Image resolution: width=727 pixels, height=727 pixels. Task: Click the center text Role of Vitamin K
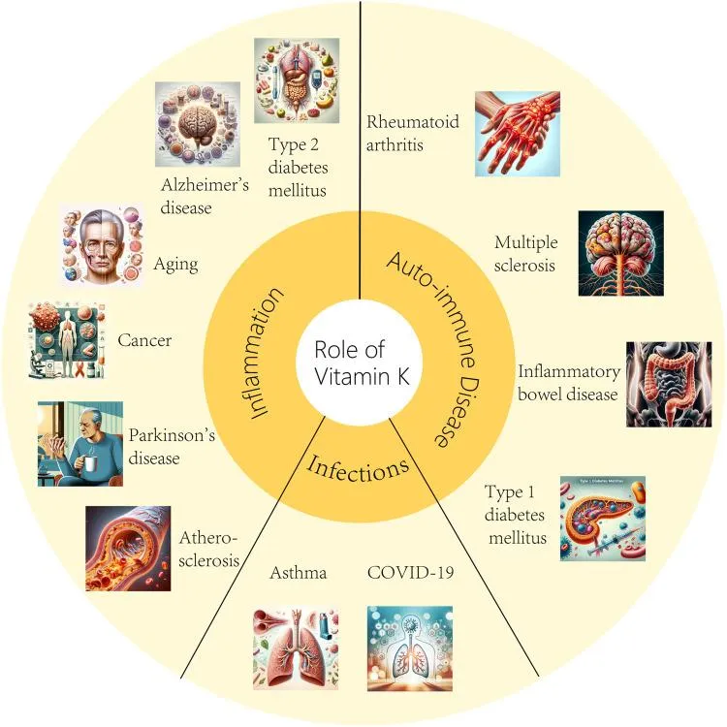pos(362,363)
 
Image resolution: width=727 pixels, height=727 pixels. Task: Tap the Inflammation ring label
pos(261,353)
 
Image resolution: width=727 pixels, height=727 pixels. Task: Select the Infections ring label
pos(359,469)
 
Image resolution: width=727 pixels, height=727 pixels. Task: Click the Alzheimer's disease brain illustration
pos(198,124)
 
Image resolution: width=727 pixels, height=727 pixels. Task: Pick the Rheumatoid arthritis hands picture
pos(518,134)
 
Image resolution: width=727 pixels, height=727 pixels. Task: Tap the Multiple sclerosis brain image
pos(620,253)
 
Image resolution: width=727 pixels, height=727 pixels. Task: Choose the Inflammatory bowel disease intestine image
pos(669,385)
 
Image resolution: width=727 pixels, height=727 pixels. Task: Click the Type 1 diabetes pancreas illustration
pos(603,519)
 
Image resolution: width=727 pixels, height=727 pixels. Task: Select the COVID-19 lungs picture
pos(410,648)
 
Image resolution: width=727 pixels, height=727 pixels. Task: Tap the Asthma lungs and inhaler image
pos(296,648)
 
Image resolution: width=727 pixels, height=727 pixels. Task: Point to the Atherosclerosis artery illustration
pos(128,549)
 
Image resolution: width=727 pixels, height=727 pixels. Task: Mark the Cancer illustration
pos(66,340)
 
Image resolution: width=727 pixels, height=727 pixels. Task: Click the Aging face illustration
pos(102,246)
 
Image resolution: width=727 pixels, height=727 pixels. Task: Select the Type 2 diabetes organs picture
pos(297,80)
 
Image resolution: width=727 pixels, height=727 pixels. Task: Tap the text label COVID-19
pos(410,573)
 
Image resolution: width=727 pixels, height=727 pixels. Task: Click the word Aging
pos(175,265)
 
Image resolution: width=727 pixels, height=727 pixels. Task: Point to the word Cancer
pos(144,340)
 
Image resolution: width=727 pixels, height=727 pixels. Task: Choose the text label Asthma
pos(299,573)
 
